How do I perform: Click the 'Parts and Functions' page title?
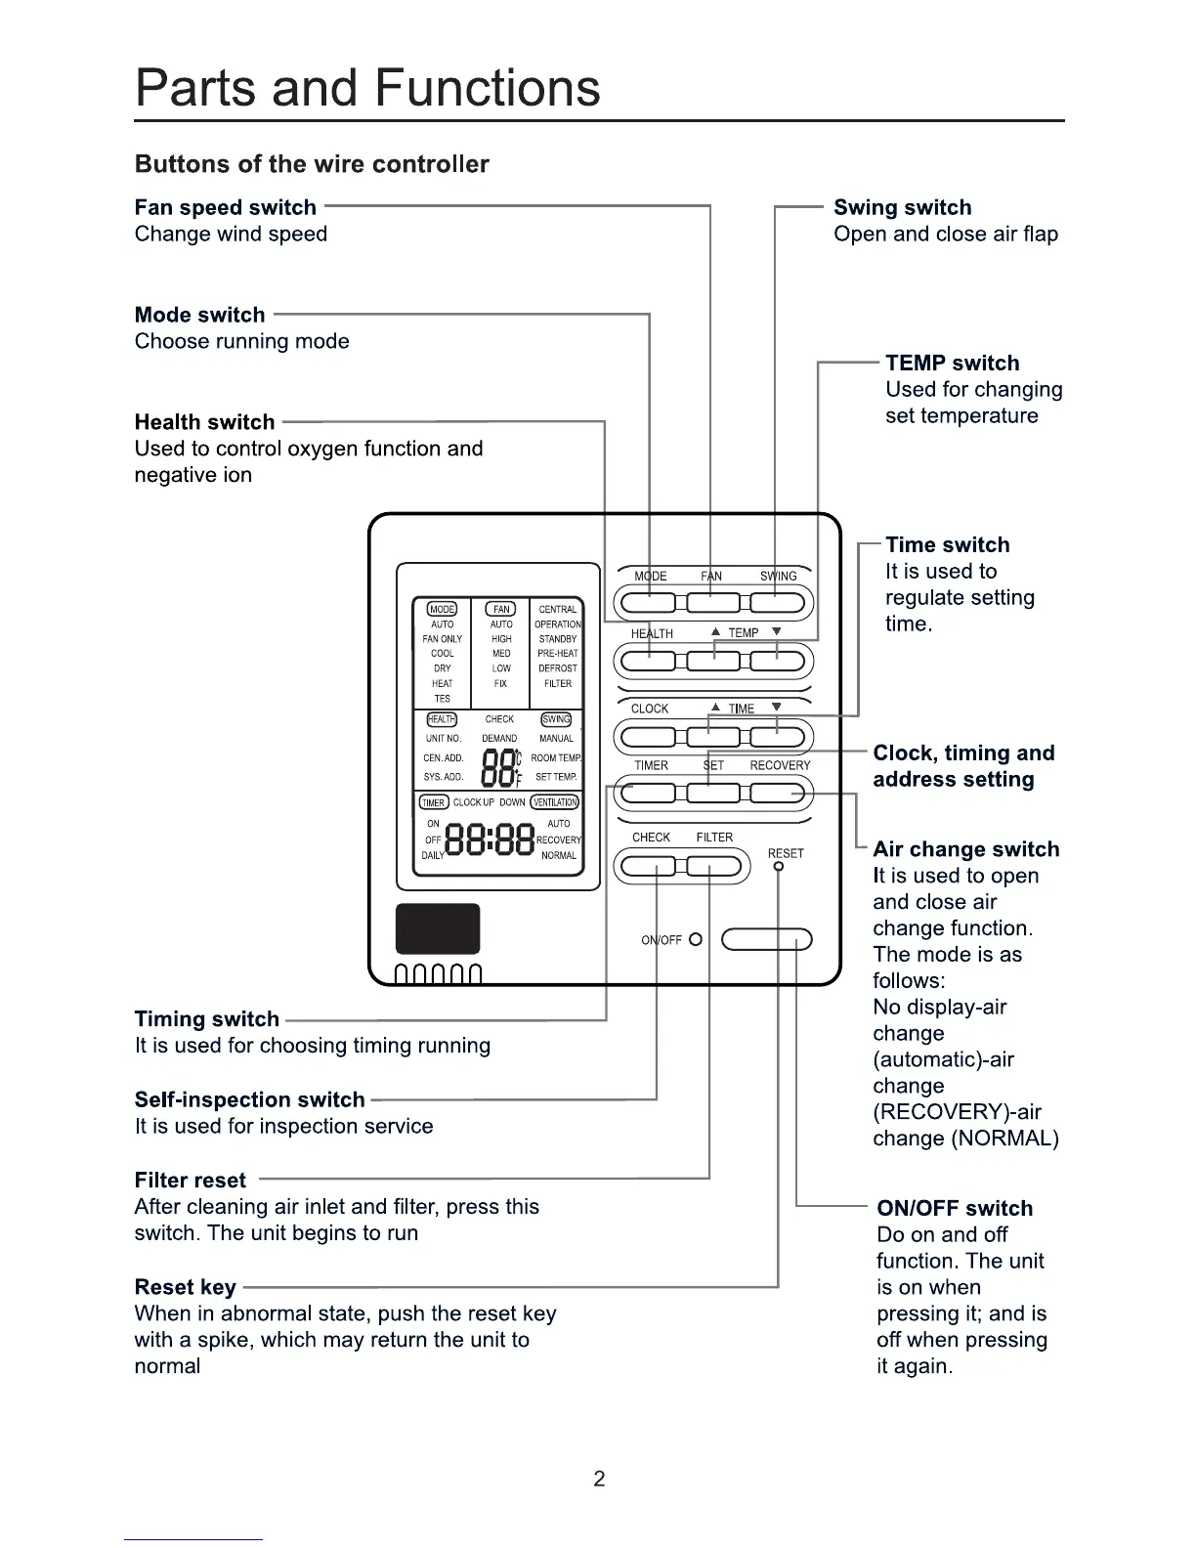[x=367, y=88]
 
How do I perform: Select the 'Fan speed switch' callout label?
[x=226, y=207]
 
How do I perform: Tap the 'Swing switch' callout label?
[x=902, y=207]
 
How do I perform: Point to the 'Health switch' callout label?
[x=204, y=422]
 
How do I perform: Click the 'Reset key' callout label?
[x=185, y=1287]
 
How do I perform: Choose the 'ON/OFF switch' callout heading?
[x=954, y=1208]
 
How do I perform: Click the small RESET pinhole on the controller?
[x=778, y=867]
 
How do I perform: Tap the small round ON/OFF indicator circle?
[x=696, y=939]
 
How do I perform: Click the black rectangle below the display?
[x=438, y=928]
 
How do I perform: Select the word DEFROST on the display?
[x=558, y=668]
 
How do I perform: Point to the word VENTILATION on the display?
[x=555, y=802]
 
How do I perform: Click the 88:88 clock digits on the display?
[x=490, y=839]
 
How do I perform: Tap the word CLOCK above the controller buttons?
[x=650, y=709]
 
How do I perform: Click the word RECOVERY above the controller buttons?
[x=780, y=765]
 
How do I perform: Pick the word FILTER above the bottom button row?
[x=714, y=838]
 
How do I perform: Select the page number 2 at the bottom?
[x=599, y=1479]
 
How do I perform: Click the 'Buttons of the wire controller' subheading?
[x=312, y=164]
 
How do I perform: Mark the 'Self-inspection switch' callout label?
[x=249, y=1099]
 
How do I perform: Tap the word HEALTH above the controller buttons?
[x=652, y=633]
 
